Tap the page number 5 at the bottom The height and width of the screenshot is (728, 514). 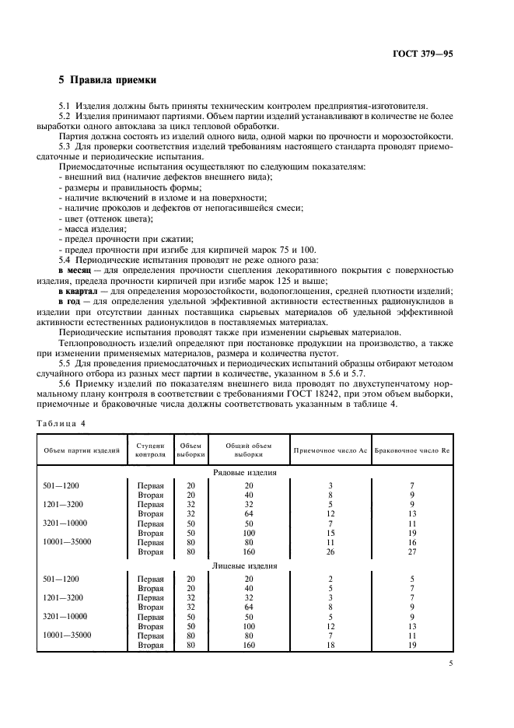coord(450,663)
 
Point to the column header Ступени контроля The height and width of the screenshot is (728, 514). coord(150,450)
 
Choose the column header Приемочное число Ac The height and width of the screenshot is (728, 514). coord(330,450)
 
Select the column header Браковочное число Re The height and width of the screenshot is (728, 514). coord(412,450)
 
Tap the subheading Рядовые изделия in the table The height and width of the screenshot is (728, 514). coord(245,472)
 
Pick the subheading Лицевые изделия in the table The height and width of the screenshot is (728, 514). coord(245,566)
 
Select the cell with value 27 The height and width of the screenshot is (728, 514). coord(412,551)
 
